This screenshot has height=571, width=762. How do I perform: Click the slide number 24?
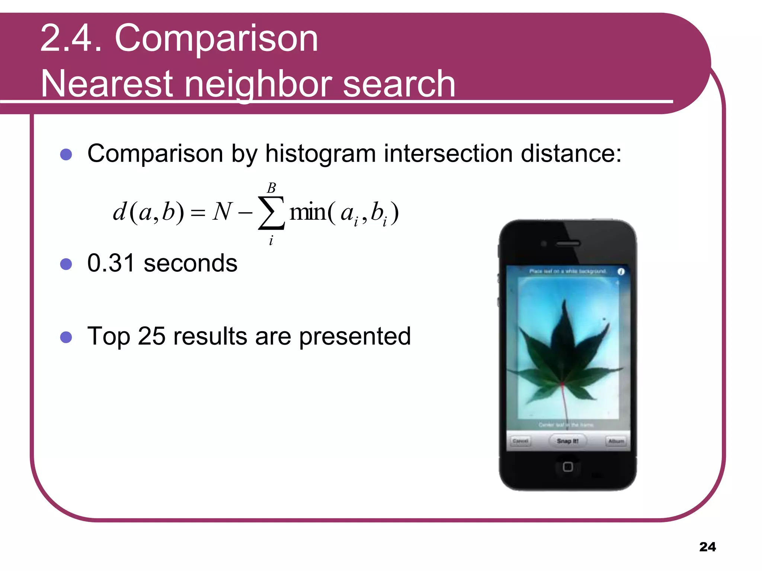707,547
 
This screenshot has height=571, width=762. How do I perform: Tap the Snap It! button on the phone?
568,441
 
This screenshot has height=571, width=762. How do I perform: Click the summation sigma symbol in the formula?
271,213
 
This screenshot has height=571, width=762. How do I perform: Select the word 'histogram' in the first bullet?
320,154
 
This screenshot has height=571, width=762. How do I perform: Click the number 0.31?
111,263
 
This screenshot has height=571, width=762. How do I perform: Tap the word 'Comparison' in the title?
216,38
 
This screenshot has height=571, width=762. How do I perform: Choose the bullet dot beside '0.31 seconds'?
66,264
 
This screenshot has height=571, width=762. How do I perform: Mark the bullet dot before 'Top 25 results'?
66,337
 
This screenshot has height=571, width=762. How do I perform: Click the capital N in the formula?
222,212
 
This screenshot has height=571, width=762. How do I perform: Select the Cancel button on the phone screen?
520,441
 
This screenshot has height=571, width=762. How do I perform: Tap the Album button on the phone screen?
616,441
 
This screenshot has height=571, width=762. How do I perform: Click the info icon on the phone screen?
621,271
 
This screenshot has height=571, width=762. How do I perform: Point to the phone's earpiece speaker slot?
568,244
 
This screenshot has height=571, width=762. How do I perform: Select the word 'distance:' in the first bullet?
571,154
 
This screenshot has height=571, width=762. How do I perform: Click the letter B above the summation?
271,188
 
